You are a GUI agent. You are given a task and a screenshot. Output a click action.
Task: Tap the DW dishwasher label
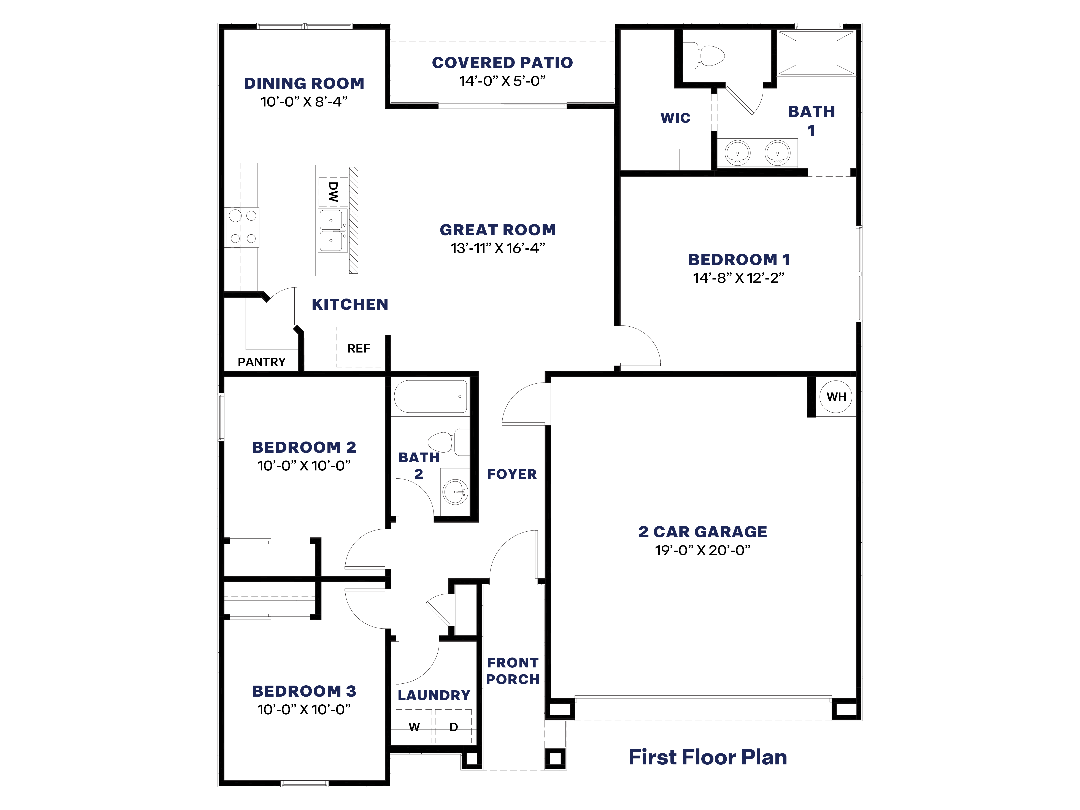333,192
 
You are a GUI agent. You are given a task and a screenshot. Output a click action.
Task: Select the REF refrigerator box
359,348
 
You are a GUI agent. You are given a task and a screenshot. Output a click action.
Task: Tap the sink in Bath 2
455,492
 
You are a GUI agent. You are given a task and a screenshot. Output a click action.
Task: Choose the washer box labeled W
414,726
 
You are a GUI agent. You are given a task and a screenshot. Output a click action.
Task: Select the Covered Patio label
502,62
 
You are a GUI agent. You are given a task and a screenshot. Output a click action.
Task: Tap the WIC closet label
675,118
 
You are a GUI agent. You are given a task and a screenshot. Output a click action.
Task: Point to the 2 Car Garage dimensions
703,550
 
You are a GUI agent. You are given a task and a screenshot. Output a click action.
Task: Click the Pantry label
262,362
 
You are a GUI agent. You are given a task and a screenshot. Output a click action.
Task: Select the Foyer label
512,474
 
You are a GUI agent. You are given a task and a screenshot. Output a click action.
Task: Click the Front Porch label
513,671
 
